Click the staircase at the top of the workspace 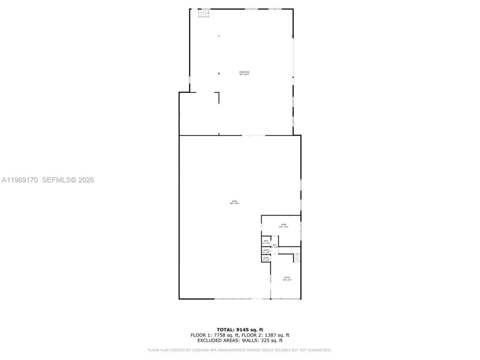click(x=203, y=13)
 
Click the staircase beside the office click(x=297, y=258)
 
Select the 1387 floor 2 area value click(x=271, y=335)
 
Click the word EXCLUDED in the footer click(x=210, y=340)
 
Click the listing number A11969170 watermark click(x=20, y=180)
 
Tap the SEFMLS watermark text click(x=56, y=180)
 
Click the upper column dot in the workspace click(x=219, y=36)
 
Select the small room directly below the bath click(x=266, y=251)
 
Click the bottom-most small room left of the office click(x=266, y=259)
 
